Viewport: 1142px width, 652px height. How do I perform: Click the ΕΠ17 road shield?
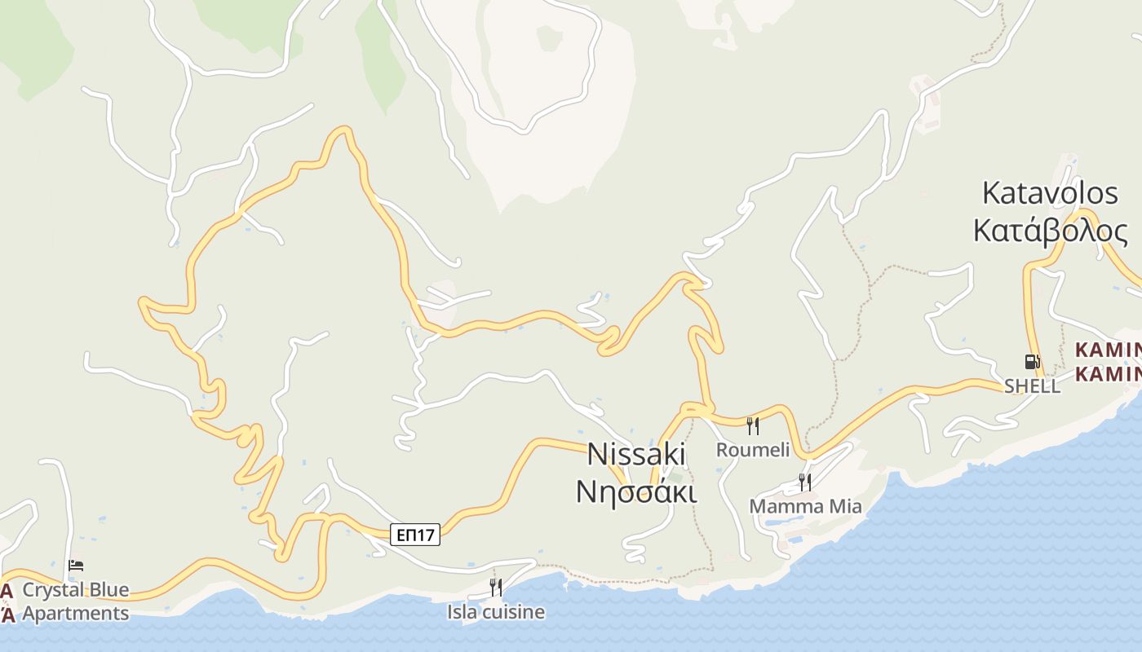coord(415,535)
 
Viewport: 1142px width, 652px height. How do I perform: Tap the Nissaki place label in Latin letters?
coord(636,455)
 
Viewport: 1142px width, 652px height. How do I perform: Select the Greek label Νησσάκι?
coord(636,491)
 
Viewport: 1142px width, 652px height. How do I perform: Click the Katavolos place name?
coord(1050,193)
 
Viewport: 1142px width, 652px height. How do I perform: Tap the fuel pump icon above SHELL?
coord(1032,361)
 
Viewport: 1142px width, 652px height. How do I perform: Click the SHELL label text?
coord(1032,386)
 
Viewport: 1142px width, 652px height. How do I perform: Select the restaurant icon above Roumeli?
coord(753,425)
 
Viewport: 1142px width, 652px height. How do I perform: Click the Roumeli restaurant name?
coord(753,450)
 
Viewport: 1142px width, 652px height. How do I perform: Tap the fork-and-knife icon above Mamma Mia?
coord(805,482)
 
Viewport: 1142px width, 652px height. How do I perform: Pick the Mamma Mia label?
coord(805,506)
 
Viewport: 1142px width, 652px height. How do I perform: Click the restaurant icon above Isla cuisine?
coord(495,587)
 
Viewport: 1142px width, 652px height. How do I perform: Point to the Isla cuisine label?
coord(495,611)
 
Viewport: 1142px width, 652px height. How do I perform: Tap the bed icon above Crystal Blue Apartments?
coord(76,566)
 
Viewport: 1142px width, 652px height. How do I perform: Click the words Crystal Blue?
coord(75,590)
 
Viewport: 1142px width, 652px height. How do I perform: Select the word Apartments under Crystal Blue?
coord(75,614)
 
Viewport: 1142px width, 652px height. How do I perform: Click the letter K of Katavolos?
coord(991,193)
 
